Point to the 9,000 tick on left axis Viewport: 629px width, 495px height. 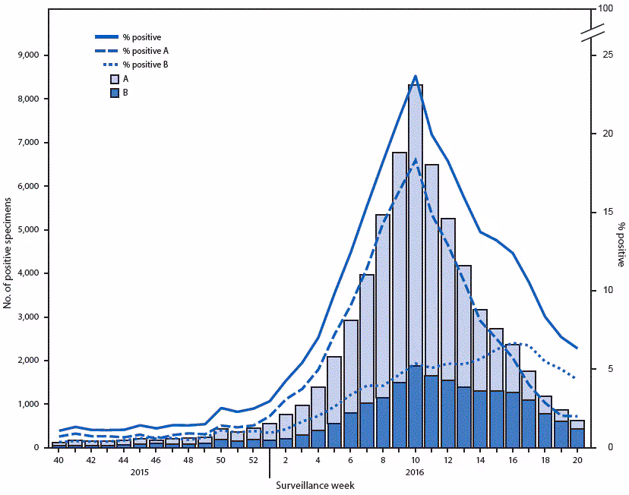coord(35,55)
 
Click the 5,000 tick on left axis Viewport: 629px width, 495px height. coord(35,230)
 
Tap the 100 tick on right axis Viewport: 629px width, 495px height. coord(605,9)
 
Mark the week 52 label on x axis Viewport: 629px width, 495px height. coord(253,460)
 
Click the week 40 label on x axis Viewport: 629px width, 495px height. coord(58,460)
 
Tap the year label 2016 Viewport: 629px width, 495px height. coord(415,472)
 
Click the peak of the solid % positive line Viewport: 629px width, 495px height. coord(415,75)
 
